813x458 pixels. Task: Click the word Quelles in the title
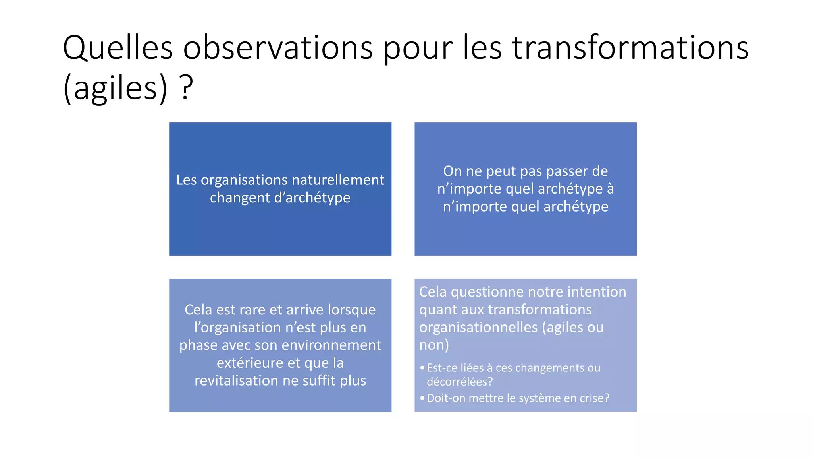click(x=118, y=48)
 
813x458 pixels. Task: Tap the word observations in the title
click(x=277, y=48)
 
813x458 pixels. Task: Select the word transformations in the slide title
click(x=630, y=48)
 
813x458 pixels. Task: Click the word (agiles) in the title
click(x=115, y=88)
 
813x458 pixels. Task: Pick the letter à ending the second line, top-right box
click(x=610, y=189)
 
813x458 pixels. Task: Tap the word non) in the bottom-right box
click(x=434, y=345)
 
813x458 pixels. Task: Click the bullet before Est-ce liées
click(x=422, y=368)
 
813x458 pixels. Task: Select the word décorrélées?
click(x=460, y=382)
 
